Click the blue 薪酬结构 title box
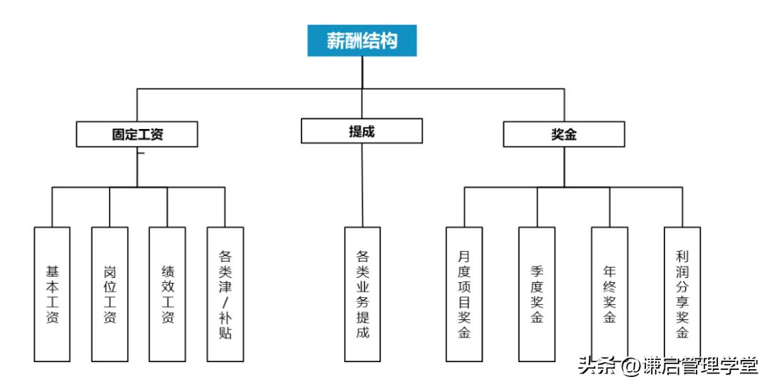(x=361, y=41)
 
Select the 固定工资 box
(x=137, y=134)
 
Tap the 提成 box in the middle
(x=361, y=131)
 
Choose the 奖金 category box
(x=564, y=134)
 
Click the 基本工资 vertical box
(x=52, y=294)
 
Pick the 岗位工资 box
(x=110, y=294)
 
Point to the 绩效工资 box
(x=168, y=294)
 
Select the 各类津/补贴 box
(x=225, y=294)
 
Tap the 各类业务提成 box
(x=362, y=294)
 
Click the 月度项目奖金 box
(x=464, y=294)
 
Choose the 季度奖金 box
(x=537, y=294)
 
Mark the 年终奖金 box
(x=610, y=294)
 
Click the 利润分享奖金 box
(x=682, y=294)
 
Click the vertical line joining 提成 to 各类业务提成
(x=362, y=185)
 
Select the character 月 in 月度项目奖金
(x=464, y=255)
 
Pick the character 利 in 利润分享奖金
(x=682, y=255)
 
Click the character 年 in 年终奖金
(x=610, y=271)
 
